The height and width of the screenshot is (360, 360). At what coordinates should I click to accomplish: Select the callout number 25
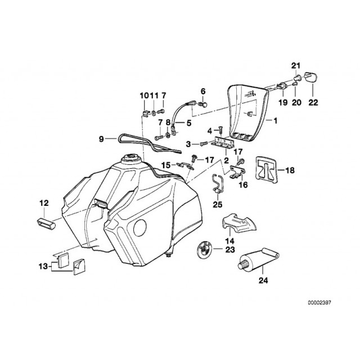pyautogui.click(x=218, y=204)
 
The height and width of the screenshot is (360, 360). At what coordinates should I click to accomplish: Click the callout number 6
pyautogui.click(x=204, y=91)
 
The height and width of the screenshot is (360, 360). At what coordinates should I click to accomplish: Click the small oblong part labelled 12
pyautogui.click(x=48, y=216)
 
